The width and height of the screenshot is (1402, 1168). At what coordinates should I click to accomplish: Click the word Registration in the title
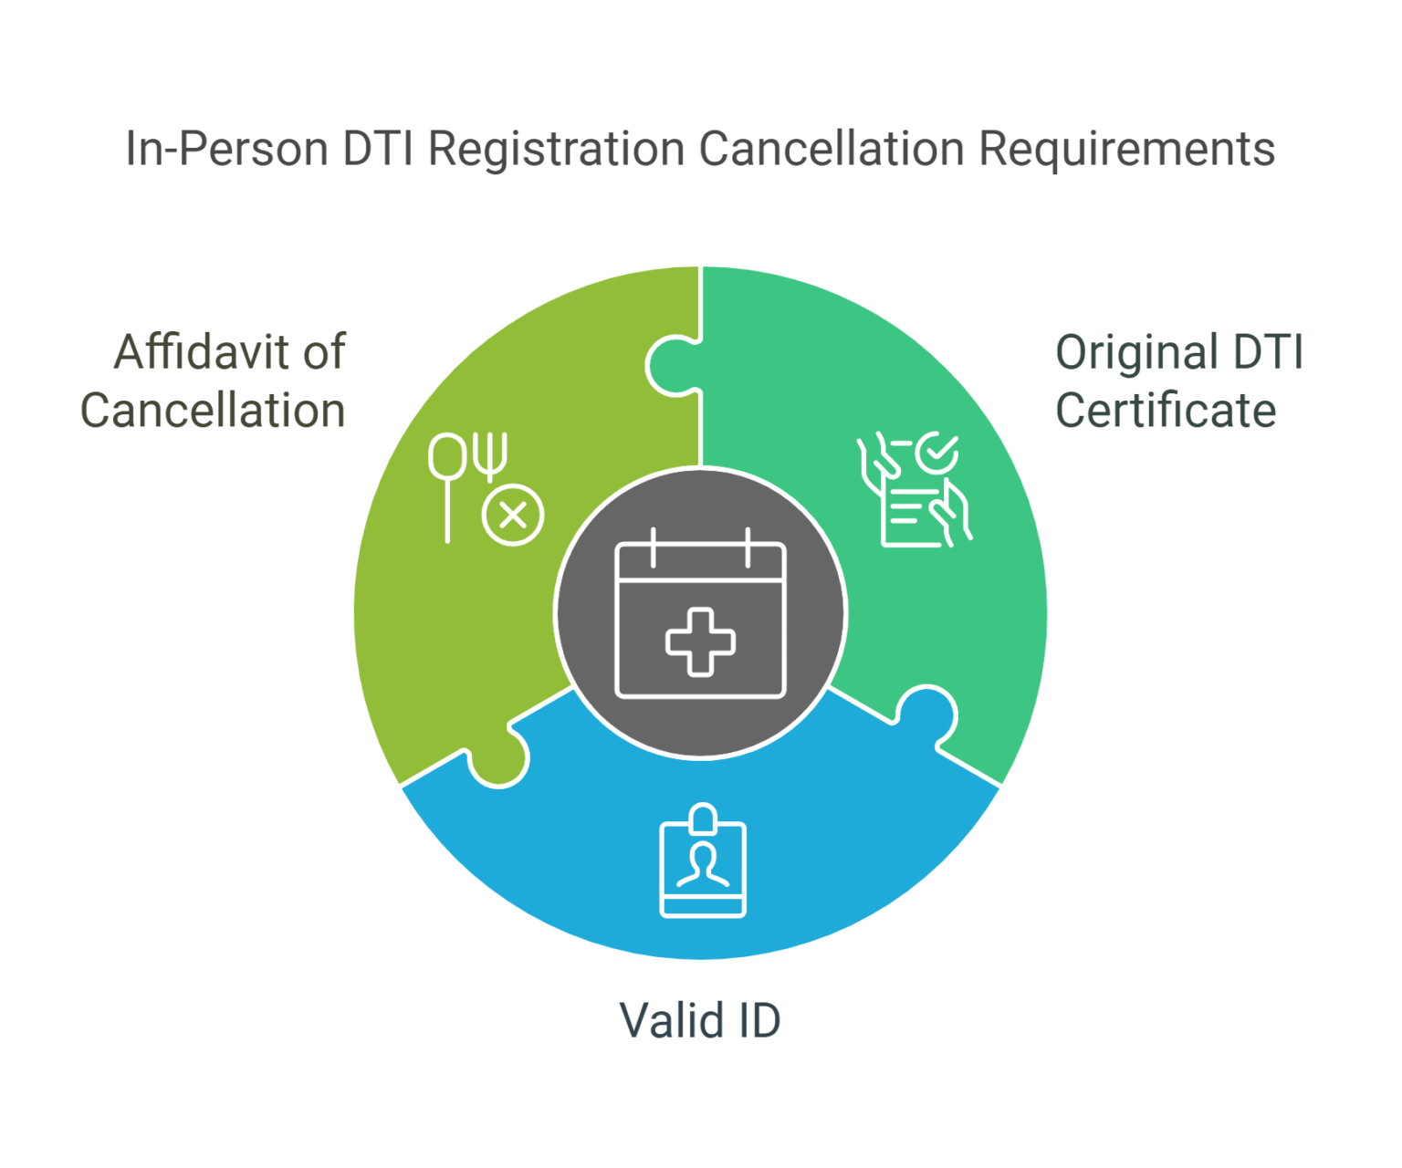(x=556, y=149)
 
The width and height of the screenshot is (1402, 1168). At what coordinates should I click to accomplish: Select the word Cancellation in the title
(x=831, y=149)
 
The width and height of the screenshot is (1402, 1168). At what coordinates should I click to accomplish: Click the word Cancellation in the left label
(x=214, y=411)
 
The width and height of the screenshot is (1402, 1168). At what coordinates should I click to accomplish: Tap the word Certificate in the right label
(x=1165, y=411)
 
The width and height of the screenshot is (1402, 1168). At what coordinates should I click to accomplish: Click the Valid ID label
(x=700, y=1019)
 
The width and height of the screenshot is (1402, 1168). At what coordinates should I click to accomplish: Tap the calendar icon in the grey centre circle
(x=700, y=614)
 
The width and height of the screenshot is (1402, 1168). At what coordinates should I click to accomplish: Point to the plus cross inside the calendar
(x=700, y=641)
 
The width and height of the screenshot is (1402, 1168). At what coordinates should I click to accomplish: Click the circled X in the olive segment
(x=513, y=516)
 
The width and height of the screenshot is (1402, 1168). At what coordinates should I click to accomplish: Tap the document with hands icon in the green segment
(x=913, y=497)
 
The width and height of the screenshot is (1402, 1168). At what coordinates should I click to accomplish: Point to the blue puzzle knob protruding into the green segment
(x=926, y=712)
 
